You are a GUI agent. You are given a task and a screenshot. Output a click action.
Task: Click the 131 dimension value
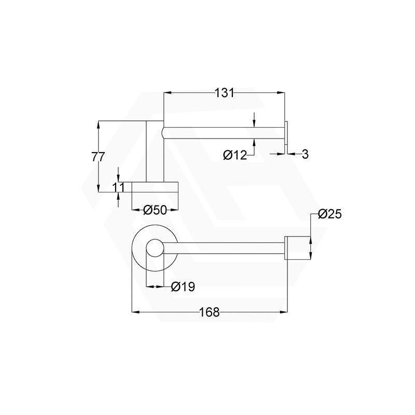224,93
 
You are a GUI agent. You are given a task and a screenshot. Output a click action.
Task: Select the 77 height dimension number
99,157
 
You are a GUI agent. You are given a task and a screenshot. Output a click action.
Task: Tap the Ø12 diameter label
234,155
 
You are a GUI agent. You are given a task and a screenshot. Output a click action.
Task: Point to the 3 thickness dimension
305,154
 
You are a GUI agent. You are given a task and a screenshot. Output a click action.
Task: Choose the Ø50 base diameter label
155,210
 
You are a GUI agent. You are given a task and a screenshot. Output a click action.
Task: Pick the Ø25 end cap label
330,214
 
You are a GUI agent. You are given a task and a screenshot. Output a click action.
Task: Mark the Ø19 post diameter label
183,286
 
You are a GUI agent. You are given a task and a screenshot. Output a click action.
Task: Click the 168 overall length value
210,312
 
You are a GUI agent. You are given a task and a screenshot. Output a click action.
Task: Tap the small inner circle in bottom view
155,248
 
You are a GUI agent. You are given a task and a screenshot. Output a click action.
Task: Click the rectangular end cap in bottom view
298,248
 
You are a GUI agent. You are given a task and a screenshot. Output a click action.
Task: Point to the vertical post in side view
155,150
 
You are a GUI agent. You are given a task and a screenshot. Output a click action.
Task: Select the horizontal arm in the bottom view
228,248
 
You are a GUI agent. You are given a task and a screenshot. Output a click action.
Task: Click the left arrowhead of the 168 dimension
136,312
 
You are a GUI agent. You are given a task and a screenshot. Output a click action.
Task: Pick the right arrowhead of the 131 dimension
282,93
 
